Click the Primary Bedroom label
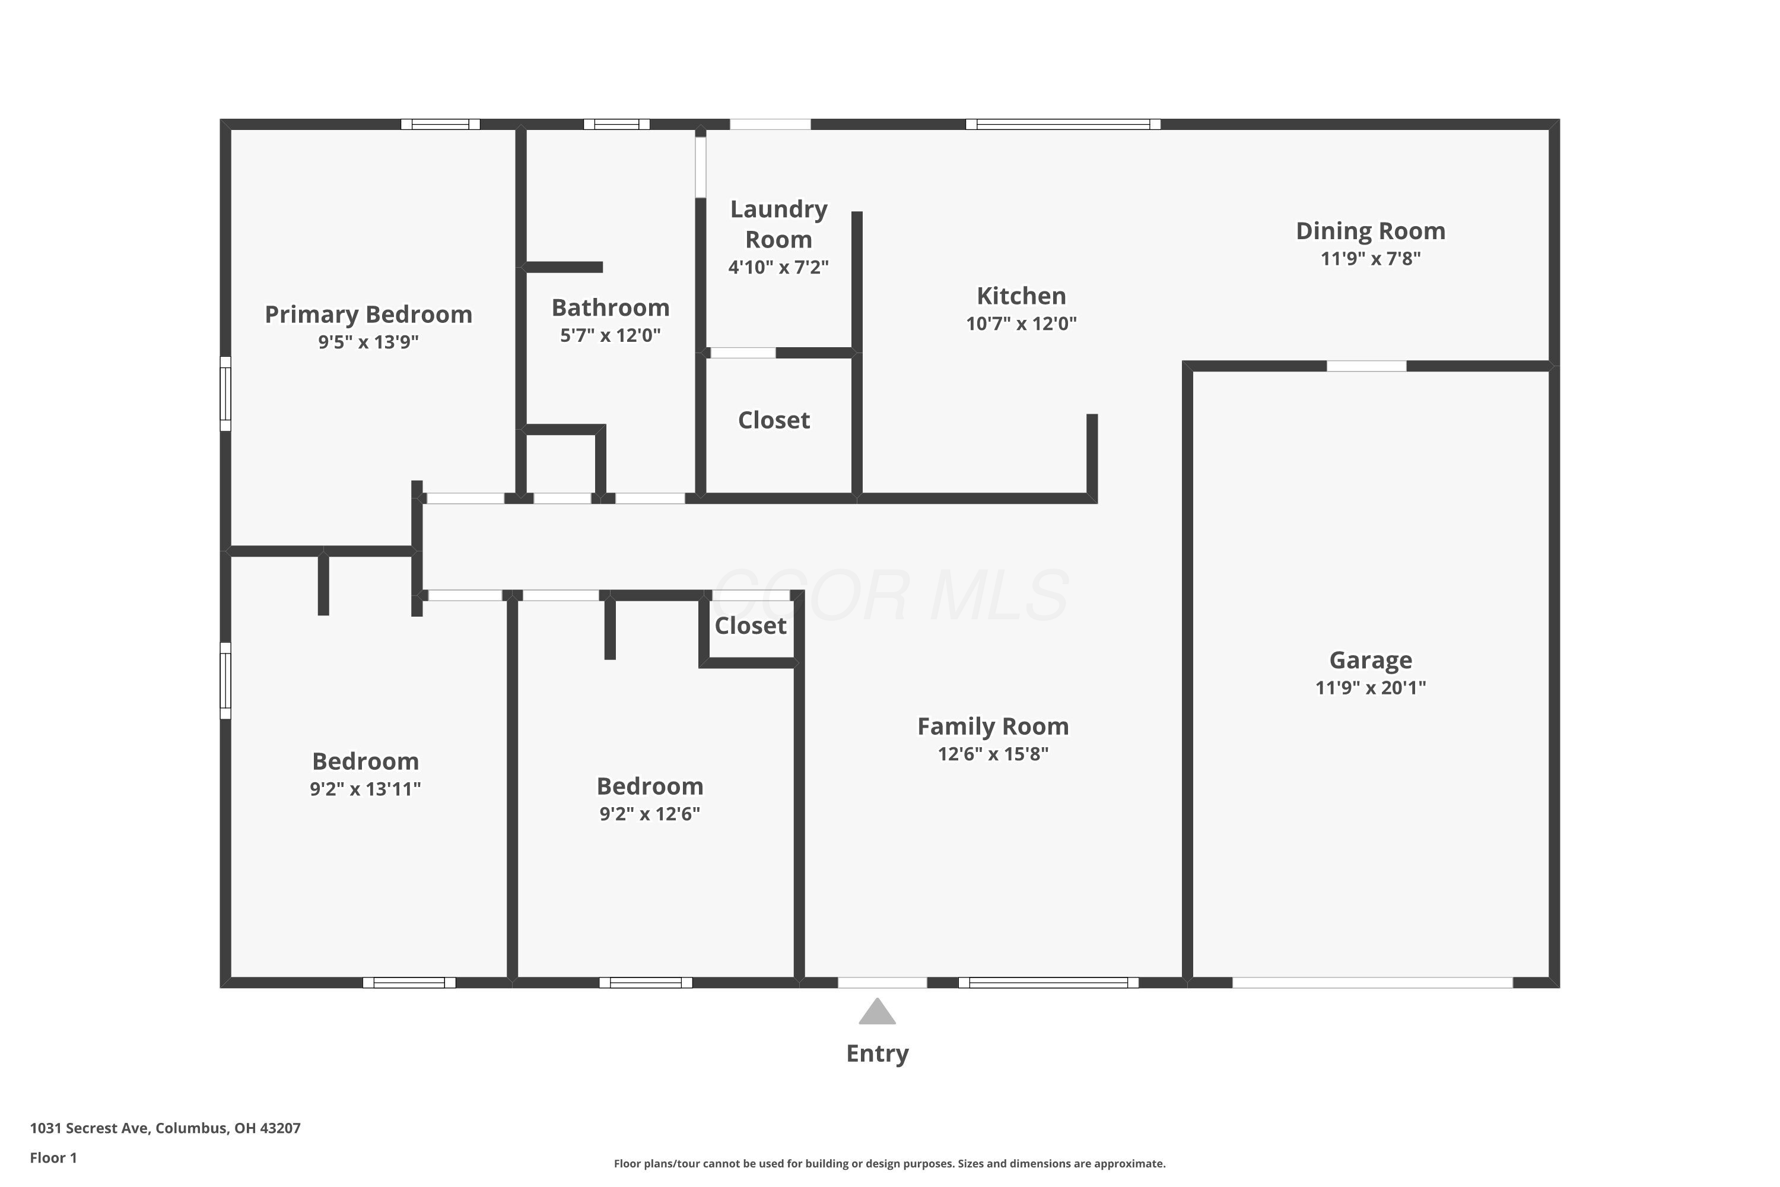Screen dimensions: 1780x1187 click(368, 314)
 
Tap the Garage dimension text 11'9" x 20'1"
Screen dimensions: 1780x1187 click(1371, 687)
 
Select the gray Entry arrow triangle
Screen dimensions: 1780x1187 click(877, 1011)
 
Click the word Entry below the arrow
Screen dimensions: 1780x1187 click(877, 1053)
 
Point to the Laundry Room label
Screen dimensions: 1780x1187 click(778, 224)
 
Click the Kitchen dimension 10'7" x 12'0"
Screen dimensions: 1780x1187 click(1021, 323)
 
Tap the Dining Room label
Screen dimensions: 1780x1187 click(1371, 231)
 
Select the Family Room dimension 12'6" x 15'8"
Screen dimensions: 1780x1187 click(993, 754)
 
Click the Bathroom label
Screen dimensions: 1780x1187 click(610, 308)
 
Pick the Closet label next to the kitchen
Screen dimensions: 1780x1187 click(774, 420)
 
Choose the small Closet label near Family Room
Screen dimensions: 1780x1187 click(750, 626)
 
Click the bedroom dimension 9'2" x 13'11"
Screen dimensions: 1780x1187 click(365, 789)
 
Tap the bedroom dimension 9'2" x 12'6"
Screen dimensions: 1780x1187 click(649, 814)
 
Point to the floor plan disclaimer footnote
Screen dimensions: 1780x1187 click(889, 1163)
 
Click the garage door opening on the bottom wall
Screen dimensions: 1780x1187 click(1372, 983)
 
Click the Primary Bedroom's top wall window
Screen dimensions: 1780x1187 click(440, 124)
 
